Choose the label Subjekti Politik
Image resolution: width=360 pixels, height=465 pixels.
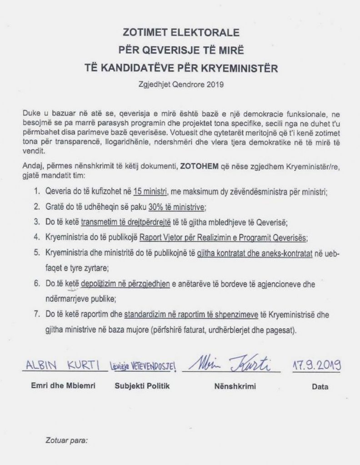click(142, 387)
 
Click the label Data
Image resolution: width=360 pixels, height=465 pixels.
click(320, 387)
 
